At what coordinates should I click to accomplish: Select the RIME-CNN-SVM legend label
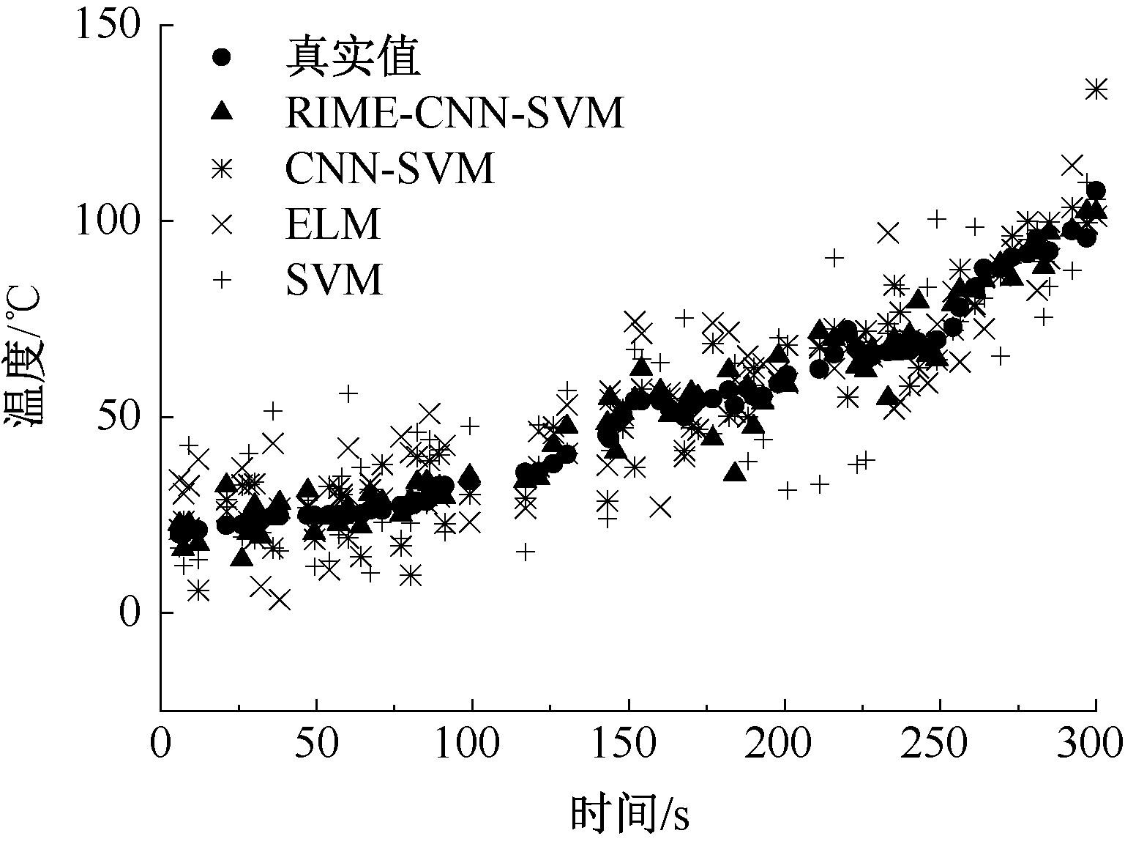[x=455, y=113]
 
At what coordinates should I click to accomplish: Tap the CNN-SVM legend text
[x=389, y=169]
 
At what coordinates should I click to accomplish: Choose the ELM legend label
[x=333, y=224]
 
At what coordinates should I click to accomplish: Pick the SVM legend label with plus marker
[x=334, y=279]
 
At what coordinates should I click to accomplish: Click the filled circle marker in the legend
[x=222, y=57]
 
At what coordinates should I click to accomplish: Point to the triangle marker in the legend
[x=222, y=112]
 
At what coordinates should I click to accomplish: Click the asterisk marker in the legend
[x=222, y=169]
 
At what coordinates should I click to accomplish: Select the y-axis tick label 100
[x=107, y=221]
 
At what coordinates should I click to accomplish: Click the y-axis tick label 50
[x=117, y=417]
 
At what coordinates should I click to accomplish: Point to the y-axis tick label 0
[x=129, y=612]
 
